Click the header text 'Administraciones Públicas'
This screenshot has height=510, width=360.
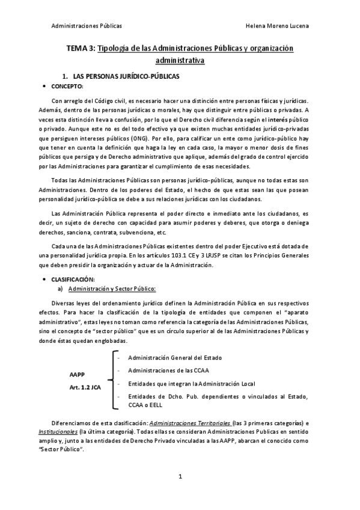pos(87,26)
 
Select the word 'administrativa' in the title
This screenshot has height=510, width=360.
pos(180,61)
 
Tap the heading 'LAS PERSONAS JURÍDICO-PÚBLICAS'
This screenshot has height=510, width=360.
pos(126,77)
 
